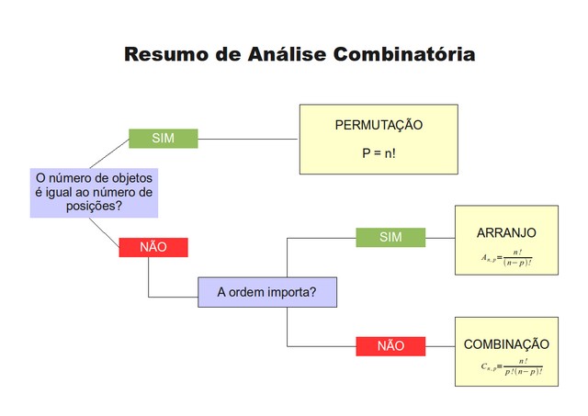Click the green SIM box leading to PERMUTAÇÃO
[x=163, y=139]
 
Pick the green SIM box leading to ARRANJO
[x=390, y=237]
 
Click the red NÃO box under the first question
[x=153, y=247]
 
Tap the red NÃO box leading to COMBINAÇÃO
[x=390, y=346]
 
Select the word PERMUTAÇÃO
[x=379, y=125]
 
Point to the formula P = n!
[x=379, y=153]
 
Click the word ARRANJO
[x=506, y=232]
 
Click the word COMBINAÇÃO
[x=506, y=344]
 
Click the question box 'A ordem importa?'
[x=266, y=293]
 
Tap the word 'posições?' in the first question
[x=94, y=207]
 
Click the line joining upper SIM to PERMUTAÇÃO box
[x=248, y=140]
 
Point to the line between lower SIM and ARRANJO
[x=440, y=238]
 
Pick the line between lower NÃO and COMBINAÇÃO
[x=440, y=346]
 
